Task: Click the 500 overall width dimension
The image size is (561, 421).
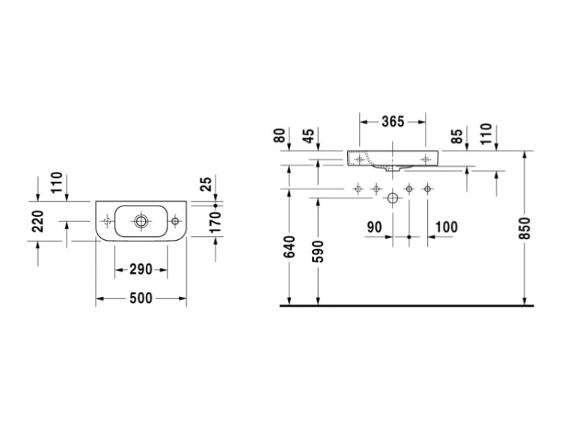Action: point(141,298)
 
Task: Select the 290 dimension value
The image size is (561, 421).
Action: point(141,269)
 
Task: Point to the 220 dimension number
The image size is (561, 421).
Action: point(38,221)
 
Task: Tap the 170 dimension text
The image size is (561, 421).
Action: point(215,222)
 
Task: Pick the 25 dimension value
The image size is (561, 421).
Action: point(206,184)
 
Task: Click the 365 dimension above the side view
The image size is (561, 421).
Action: point(393,122)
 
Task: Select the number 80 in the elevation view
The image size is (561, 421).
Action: point(280,135)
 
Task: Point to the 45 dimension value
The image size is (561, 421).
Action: point(308,135)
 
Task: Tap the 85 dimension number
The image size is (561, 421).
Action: point(457,136)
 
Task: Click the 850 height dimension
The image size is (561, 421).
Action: point(524,228)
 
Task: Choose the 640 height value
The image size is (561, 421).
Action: point(289,247)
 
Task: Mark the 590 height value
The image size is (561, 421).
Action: point(318,252)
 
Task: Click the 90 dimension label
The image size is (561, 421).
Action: point(375,227)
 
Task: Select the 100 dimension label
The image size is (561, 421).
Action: point(446,227)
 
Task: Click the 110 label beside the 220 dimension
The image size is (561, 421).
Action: point(57,182)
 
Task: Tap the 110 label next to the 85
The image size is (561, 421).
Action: point(486,134)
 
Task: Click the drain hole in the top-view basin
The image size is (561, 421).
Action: point(141,221)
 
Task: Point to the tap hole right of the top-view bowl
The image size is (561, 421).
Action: point(175,221)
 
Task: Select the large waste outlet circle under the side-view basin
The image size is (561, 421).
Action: point(393,198)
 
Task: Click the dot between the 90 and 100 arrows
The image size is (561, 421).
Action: point(409,237)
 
